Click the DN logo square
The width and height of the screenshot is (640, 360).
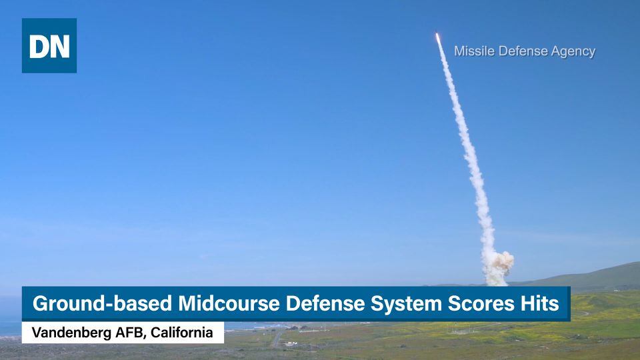49,45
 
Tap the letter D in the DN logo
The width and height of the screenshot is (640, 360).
39,46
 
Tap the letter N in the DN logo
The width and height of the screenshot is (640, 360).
59,46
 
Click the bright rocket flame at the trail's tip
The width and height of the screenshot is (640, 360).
437,37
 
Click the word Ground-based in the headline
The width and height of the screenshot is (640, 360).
102,304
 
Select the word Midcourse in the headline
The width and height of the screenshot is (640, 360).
229,304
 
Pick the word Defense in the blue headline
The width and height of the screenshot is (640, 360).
325,304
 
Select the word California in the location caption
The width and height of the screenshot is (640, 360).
181,333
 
